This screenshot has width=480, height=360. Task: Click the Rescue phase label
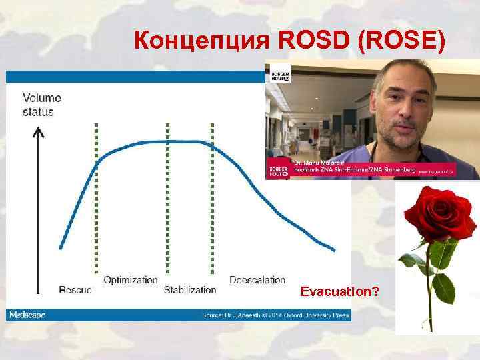pos(76,290)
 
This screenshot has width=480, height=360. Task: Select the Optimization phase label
pos(131,280)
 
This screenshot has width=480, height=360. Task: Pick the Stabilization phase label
pos(190,290)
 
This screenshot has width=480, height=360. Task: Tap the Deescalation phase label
pos(257,280)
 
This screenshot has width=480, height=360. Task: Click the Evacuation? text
pos(340,292)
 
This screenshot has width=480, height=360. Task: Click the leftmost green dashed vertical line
pos(96,200)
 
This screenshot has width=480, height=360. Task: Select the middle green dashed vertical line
pos(167,200)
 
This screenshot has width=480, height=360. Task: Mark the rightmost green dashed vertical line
pos(211,200)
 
